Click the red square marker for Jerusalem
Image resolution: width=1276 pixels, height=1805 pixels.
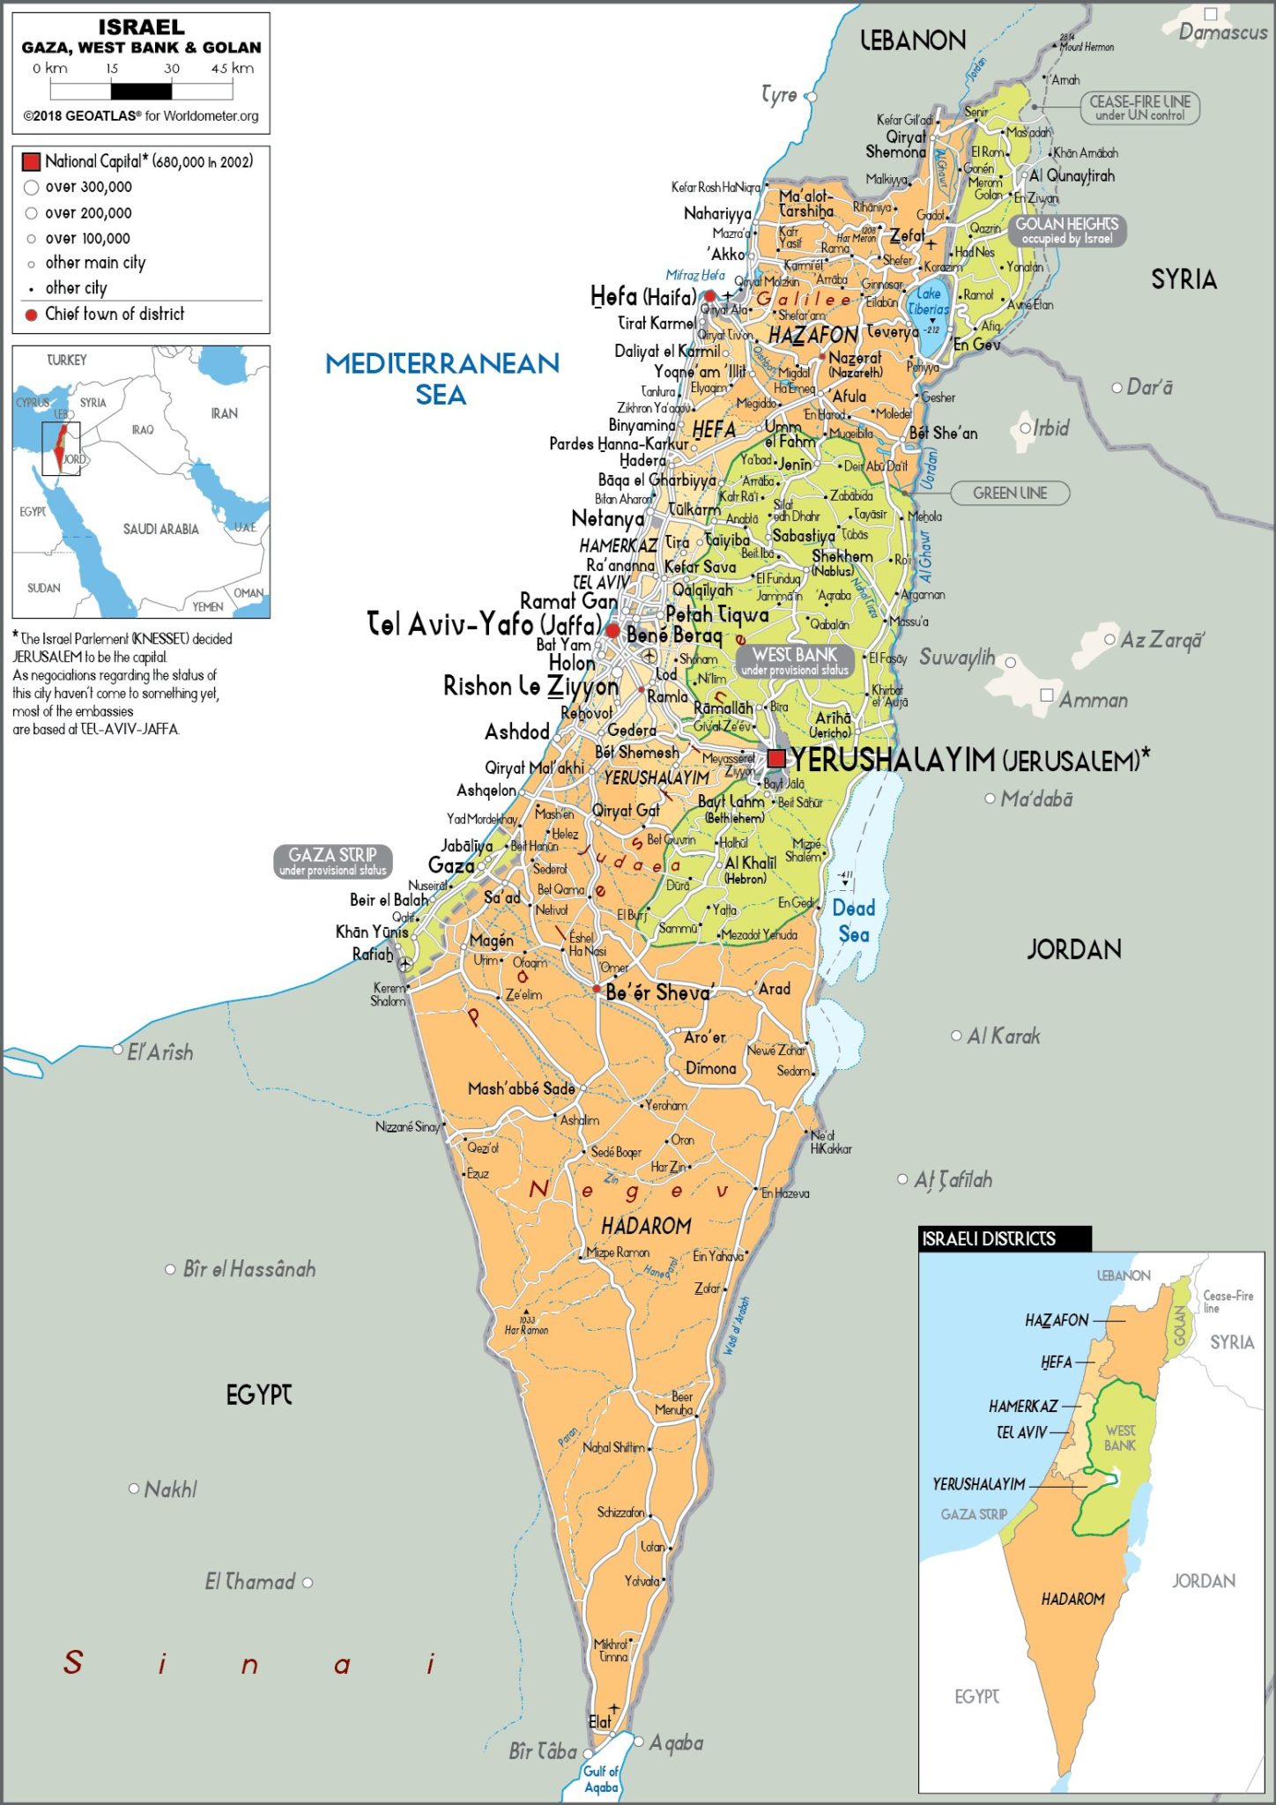(x=776, y=759)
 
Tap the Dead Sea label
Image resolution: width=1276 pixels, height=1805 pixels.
(x=854, y=921)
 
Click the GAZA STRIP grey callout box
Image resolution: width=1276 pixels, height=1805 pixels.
(x=333, y=861)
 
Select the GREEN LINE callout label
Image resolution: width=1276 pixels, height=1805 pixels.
(x=1010, y=494)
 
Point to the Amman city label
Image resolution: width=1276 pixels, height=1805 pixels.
(x=1094, y=701)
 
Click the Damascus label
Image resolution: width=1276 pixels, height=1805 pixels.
(x=1222, y=33)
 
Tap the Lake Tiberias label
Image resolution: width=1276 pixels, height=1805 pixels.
(x=929, y=301)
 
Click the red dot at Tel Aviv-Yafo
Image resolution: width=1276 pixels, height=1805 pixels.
(x=612, y=631)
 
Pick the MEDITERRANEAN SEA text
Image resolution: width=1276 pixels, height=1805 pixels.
(x=441, y=378)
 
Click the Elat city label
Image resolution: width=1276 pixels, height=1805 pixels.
(x=600, y=1721)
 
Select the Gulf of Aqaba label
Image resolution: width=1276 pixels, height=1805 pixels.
(x=601, y=1779)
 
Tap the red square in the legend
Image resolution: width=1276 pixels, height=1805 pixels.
(x=31, y=162)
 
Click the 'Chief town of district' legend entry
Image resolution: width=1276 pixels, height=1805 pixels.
(x=115, y=315)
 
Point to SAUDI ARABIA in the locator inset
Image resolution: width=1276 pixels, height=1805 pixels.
(x=160, y=529)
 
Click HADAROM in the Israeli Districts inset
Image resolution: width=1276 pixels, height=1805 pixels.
(x=1072, y=1599)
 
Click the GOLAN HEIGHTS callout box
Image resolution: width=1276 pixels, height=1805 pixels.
(x=1066, y=230)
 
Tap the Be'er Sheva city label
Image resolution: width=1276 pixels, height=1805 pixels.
(x=657, y=993)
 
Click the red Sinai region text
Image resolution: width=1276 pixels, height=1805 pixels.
(x=250, y=1664)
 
